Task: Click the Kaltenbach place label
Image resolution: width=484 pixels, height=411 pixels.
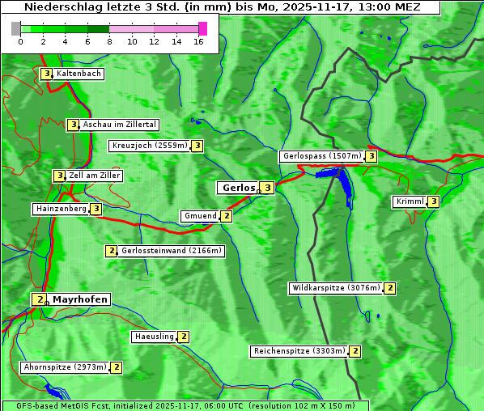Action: [x=79, y=74]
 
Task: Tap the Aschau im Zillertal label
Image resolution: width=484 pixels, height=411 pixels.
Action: [x=119, y=125]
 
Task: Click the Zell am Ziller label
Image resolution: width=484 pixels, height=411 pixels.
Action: [x=95, y=176]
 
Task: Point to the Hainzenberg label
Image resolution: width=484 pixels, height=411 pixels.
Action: [x=61, y=209]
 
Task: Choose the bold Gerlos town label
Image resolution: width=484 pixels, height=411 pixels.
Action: [x=238, y=188]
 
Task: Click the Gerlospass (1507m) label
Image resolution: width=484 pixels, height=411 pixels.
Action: [x=321, y=156]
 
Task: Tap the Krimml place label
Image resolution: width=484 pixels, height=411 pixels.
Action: [x=410, y=201]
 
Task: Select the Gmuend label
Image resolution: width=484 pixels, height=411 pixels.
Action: [x=199, y=216]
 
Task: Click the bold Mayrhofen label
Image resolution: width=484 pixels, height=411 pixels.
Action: [x=79, y=299]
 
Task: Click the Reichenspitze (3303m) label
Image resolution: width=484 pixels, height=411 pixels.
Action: [x=299, y=351]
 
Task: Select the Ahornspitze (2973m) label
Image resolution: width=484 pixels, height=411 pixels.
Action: [x=65, y=367]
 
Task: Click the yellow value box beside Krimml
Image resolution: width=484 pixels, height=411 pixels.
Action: [x=434, y=201]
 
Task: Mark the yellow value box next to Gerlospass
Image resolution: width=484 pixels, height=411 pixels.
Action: [x=371, y=156]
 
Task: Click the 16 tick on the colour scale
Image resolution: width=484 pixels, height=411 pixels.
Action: [x=199, y=41]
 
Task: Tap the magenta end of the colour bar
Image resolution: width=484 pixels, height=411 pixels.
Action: [x=203, y=28]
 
